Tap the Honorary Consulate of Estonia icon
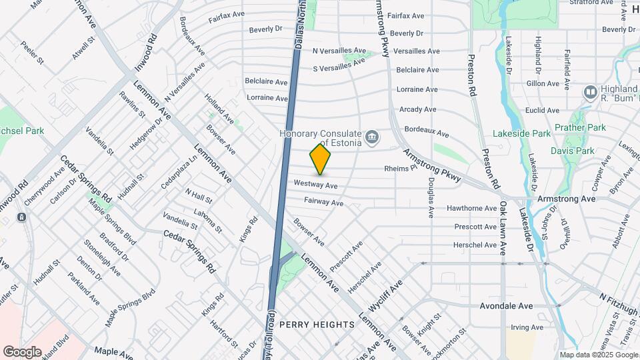point(372,139)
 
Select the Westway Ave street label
point(315,183)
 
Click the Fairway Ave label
point(323,201)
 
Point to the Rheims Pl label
point(400,169)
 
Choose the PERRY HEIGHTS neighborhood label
point(317,324)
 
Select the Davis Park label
point(572,151)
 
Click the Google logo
point(22,351)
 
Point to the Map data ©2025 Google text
point(598,355)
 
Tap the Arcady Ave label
point(417,109)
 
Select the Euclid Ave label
point(542,109)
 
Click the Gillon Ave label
point(542,84)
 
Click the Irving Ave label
point(527,327)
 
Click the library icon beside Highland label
point(590,91)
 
